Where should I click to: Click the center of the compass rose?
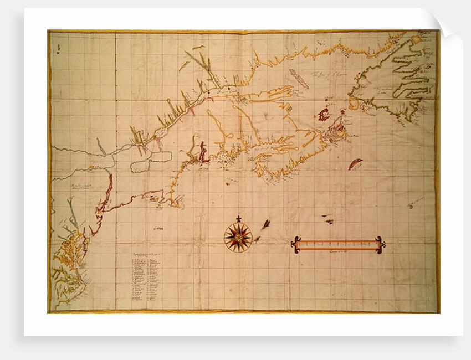(x=238, y=237)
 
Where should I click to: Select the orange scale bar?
(x=338, y=244)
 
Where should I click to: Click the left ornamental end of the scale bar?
(x=296, y=245)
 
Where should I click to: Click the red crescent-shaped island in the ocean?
(x=355, y=163)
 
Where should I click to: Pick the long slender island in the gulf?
(x=299, y=79)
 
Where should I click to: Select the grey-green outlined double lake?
(x=151, y=161)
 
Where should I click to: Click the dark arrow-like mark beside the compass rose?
(x=265, y=224)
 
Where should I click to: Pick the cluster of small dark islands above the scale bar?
(x=327, y=219)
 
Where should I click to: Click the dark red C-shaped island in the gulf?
(x=324, y=115)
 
